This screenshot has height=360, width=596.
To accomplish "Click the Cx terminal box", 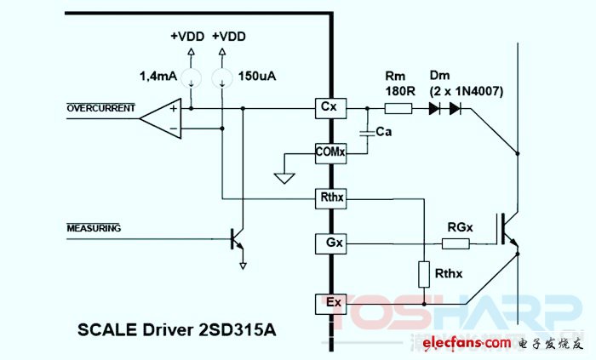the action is pos(330,108).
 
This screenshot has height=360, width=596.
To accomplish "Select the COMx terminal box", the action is pos(330,153).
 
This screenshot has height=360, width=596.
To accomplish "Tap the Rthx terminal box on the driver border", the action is pos(330,198).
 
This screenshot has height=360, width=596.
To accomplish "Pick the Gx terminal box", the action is pos(330,243).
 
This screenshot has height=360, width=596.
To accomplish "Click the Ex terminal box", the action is pos(330,304).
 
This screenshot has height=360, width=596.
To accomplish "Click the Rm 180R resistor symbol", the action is pos(398,109).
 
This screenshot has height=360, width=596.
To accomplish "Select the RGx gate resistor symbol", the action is pos(456,243).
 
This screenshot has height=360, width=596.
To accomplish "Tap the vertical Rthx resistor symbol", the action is pos(424,274).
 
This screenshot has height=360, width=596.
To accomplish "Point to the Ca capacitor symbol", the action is pos(367,133).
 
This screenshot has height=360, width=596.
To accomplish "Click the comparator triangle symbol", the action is pos(161,118).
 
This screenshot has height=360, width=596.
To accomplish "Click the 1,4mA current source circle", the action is pos(191,78).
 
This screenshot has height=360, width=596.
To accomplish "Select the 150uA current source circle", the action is pos(222,78).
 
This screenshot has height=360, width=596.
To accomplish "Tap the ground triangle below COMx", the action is pos(284,178).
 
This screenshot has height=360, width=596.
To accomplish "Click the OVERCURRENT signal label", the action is pos(100,108).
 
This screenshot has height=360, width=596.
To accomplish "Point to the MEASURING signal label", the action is pos(94,228).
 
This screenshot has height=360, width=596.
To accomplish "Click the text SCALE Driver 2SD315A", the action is pos(177,329).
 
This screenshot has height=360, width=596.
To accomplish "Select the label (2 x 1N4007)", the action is pos(467,92).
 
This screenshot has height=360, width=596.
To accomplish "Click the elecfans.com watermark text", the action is pos(467,343).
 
